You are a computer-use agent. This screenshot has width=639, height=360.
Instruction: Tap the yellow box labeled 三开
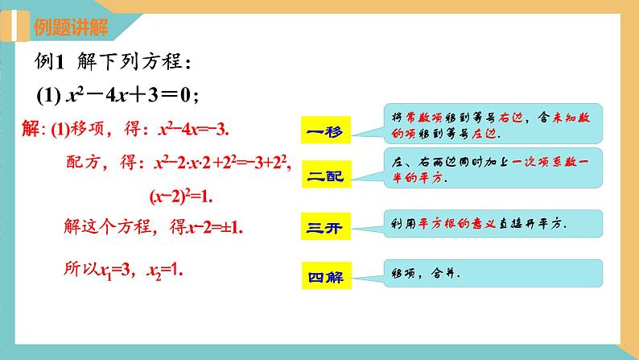[325, 226]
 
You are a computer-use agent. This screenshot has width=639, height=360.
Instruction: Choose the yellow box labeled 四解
[325, 278]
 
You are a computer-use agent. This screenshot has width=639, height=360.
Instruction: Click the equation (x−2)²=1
[184, 195]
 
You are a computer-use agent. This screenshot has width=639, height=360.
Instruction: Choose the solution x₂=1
[166, 271]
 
